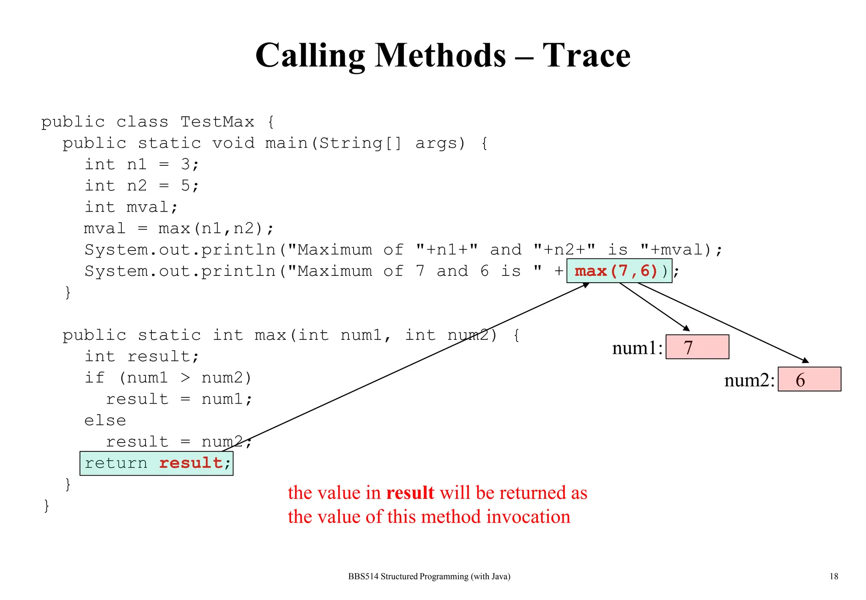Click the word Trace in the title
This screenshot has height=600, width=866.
(586, 55)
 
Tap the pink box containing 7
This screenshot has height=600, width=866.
(697, 347)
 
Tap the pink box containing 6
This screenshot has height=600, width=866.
(809, 379)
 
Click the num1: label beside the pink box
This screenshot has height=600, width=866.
(637, 348)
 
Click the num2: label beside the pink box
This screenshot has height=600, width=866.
(749, 380)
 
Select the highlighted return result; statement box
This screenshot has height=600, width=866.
(156, 463)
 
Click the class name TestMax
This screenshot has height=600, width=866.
(217, 122)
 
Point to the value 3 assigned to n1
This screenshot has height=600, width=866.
(185, 164)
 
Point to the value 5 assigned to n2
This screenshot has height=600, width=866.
(185, 185)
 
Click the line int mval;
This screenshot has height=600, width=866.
(131, 207)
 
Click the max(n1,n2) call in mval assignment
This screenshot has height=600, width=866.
(211, 228)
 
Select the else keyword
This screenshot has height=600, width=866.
(105, 421)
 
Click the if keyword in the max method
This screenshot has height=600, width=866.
(94, 377)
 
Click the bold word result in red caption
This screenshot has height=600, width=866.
(410, 493)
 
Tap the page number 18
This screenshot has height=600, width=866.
(833, 576)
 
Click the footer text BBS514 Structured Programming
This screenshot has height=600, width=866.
(429, 576)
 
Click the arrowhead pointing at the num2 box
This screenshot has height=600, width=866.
(806, 361)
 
